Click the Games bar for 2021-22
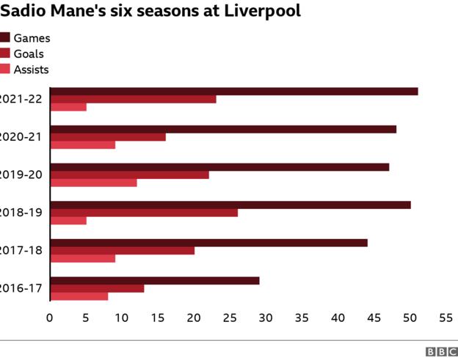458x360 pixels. click(233, 92)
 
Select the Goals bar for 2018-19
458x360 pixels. click(144, 213)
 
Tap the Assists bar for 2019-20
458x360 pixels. click(93, 183)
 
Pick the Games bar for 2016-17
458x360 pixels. click(154, 281)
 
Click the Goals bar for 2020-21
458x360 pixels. click(108, 137)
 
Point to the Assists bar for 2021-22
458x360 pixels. click(68, 107)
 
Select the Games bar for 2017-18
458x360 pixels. click(208, 243)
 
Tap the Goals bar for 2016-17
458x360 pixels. click(97, 288)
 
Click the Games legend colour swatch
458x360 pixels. click(4, 38)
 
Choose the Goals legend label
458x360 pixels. click(29, 54)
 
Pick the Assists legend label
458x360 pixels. click(31, 70)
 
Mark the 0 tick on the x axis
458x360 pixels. click(50, 318)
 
